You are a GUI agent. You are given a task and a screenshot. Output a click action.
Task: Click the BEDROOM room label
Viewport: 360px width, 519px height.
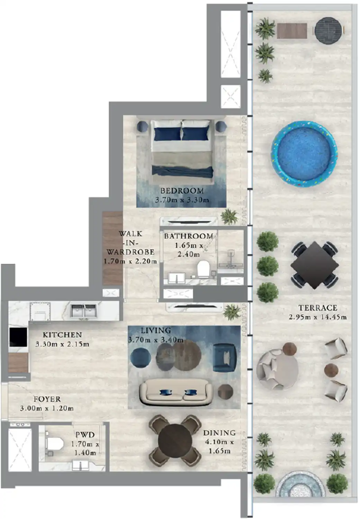(182, 190)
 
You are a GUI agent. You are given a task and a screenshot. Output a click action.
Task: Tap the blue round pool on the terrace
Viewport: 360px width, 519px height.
(304, 153)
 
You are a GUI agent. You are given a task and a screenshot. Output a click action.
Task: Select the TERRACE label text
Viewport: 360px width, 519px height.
(317, 308)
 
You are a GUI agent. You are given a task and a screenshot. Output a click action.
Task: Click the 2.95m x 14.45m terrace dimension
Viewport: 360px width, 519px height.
(317, 317)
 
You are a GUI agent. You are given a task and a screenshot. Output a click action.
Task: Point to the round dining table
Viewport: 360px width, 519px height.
(175, 440)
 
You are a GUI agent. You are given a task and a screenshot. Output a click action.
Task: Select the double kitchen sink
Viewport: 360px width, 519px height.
(84, 310)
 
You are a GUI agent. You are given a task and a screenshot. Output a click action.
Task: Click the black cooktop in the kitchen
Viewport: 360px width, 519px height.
(18, 337)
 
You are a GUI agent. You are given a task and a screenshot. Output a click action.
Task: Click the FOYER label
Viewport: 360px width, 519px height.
(47, 399)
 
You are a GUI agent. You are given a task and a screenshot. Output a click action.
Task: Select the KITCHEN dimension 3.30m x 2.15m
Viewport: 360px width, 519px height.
(62, 344)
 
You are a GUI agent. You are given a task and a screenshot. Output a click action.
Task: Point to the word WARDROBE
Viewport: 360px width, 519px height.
(130, 252)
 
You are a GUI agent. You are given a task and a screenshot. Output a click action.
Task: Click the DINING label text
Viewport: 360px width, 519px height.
(219, 432)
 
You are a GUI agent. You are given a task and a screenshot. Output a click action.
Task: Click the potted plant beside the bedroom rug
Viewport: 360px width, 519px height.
(229, 217)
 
